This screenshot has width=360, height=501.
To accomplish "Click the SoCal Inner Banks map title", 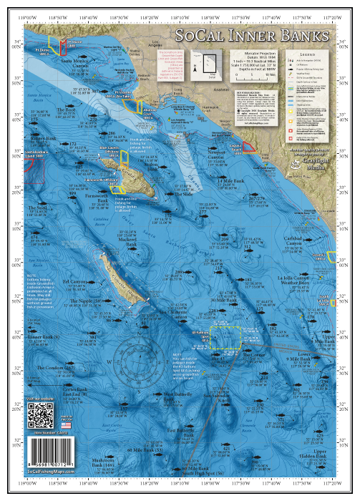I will pyautogui.click(x=252, y=37).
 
